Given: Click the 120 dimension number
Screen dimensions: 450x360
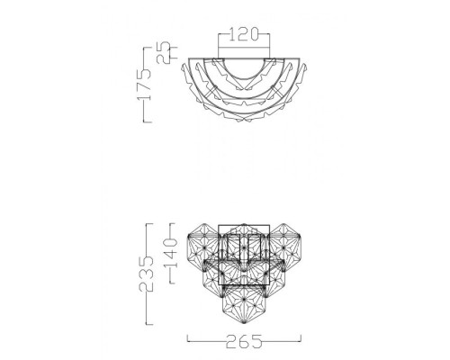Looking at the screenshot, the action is tap(244, 34).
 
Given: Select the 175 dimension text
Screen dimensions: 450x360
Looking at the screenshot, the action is tap(144, 85).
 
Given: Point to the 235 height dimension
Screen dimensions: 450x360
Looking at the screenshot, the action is tap(146, 274).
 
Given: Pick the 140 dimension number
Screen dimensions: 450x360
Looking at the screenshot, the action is tap(170, 253).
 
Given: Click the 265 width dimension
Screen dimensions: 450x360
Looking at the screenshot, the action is tap(244, 341).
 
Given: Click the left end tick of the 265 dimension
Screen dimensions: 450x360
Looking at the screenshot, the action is tap(188, 338).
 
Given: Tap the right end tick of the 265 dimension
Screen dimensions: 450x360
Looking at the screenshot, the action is tap(301, 338).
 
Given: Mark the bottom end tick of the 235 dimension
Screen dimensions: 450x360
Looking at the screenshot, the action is tap(149, 324).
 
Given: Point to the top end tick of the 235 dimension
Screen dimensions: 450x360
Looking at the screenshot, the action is tap(149, 224).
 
